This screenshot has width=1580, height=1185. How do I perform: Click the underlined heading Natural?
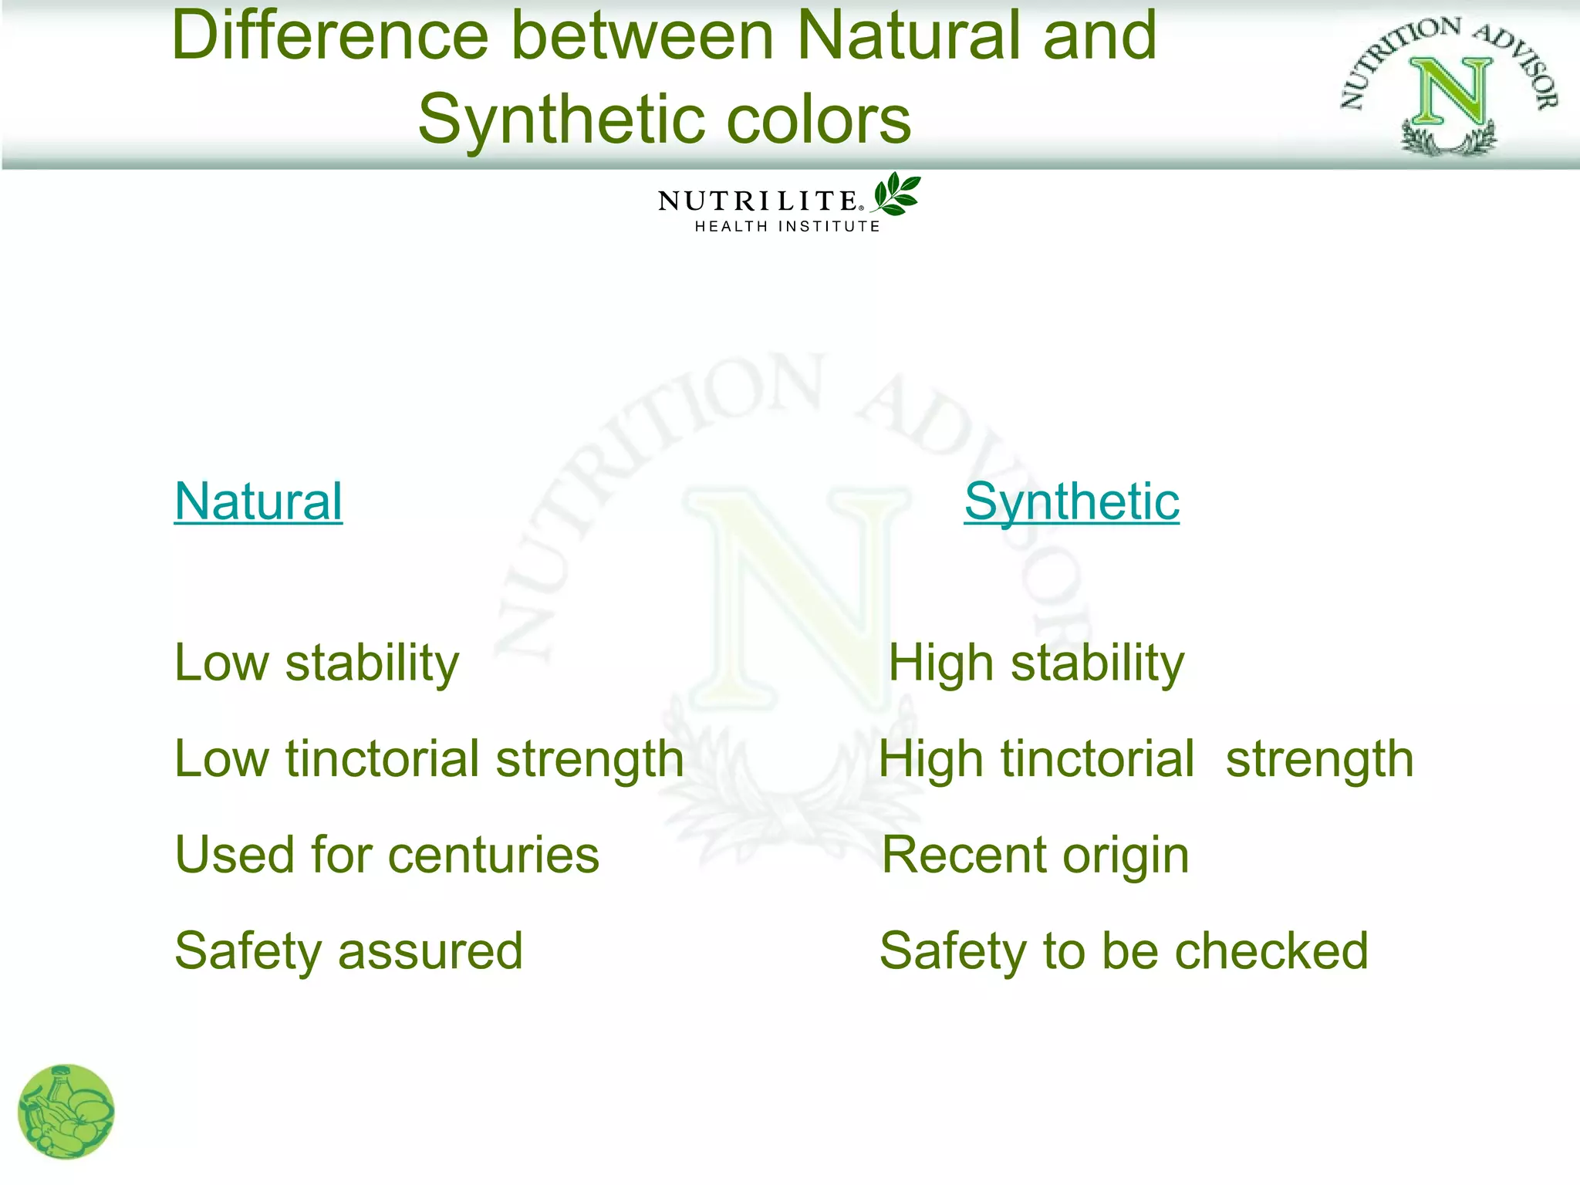coord(258,501)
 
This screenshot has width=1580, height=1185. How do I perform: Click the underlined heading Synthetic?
coord(1071,501)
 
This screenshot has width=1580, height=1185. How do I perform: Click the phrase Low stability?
coord(316,663)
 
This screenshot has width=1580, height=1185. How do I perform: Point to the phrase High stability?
coord(1035,663)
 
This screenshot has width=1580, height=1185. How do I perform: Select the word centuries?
coord(493,855)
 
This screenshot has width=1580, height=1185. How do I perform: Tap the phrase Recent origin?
coord(1035,855)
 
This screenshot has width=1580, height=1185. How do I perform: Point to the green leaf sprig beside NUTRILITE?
coord(896,194)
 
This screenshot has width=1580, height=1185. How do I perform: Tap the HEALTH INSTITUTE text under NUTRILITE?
coord(787,227)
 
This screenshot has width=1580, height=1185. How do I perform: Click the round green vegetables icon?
coord(66,1112)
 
